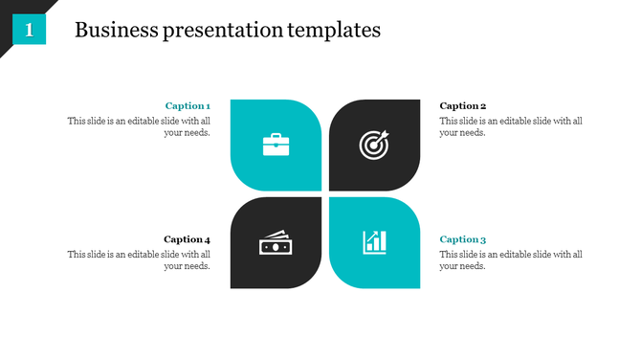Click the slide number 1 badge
[29, 31]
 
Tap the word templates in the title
[334, 31]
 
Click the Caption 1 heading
[188, 106]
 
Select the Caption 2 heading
[463, 106]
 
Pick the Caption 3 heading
[463, 239]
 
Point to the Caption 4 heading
[187, 239]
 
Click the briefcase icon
[276, 145]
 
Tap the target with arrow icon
[374, 145]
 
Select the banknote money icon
[275, 243]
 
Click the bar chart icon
[374, 242]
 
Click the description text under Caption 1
[139, 126]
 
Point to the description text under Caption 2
[511, 126]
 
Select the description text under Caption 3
[511, 259]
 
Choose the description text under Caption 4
[139, 259]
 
